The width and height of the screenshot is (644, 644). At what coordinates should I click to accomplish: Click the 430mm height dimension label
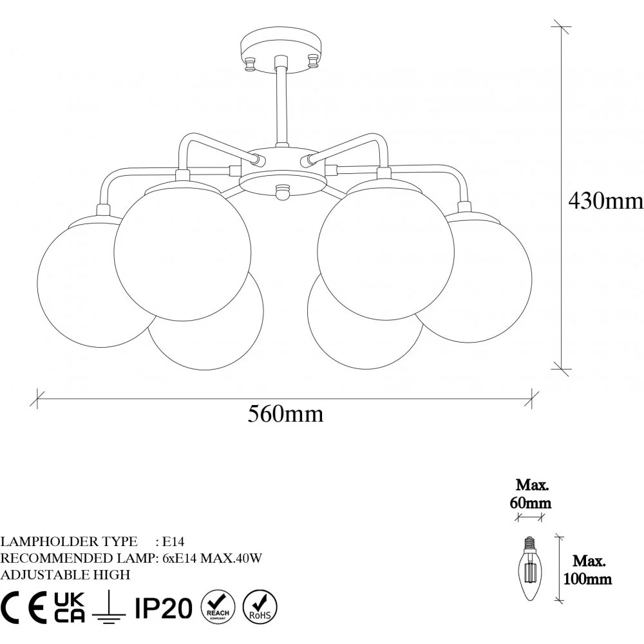(x=606, y=201)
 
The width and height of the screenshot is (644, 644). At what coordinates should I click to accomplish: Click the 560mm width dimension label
(x=285, y=414)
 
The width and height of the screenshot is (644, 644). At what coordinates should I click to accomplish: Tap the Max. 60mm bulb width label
(x=531, y=494)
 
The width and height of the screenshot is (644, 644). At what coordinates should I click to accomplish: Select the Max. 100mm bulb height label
(x=587, y=570)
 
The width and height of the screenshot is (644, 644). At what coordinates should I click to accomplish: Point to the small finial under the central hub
(x=282, y=192)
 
